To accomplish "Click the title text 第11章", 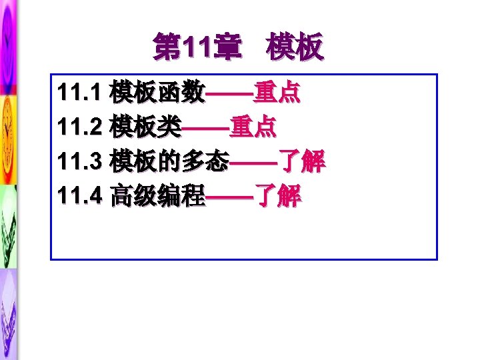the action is (x=194, y=49).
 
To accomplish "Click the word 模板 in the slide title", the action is (x=294, y=49).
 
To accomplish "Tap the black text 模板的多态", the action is (x=170, y=161).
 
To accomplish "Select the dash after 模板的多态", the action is (x=253, y=162).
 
